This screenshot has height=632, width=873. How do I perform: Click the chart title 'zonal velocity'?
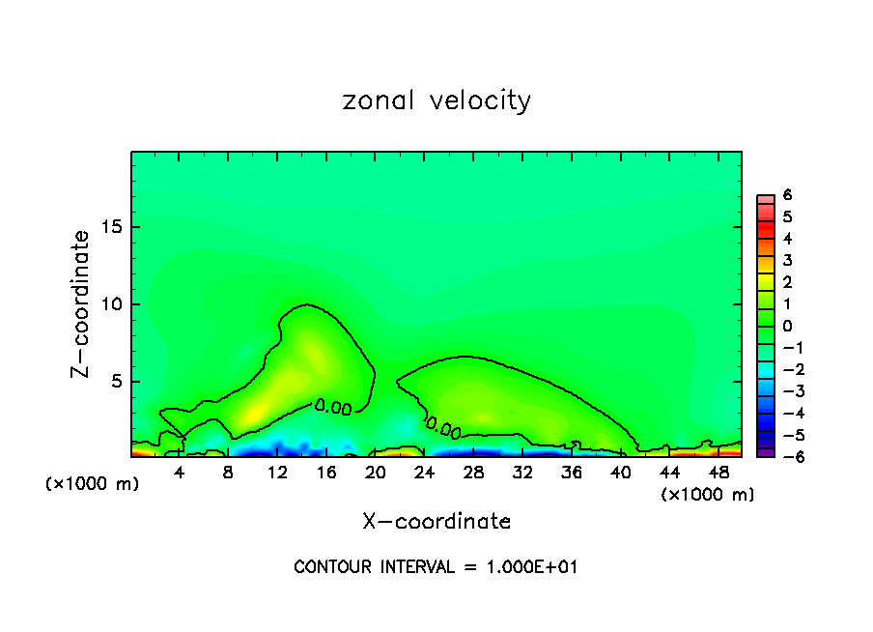(436, 101)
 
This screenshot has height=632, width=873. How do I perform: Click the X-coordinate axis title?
(436, 522)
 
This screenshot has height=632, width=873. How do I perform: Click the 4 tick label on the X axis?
(180, 474)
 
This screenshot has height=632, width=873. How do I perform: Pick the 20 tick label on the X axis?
(376, 474)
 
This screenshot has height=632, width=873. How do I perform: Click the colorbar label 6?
(787, 194)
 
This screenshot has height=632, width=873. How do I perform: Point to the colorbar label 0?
(787, 326)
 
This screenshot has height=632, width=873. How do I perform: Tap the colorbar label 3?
(787, 260)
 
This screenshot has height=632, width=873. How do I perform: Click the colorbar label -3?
(783, 391)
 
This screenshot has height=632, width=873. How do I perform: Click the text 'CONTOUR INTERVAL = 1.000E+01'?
(436, 567)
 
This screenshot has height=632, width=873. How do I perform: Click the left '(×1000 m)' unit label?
(93, 484)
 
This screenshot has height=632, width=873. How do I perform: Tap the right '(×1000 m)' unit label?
(708, 495)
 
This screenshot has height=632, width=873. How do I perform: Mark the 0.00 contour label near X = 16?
(333, 408)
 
